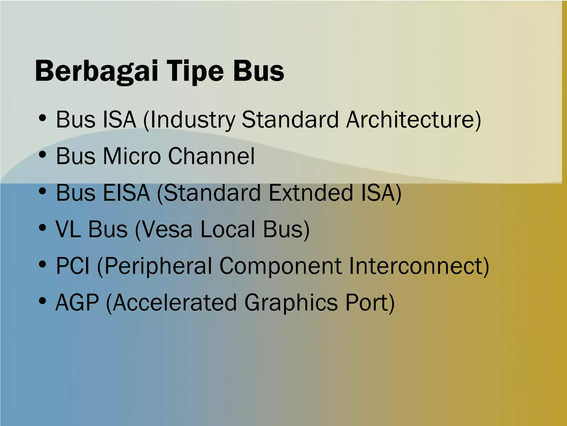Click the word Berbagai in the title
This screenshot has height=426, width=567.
point(96,71)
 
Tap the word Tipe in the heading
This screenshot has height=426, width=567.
point(195,71)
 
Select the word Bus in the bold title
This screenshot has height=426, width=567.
point(258,71)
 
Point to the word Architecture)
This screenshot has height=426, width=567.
point(414,120)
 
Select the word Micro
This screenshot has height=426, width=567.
point(132,156)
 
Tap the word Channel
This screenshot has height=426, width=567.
point(211,156)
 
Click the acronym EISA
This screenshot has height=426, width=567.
point(126,193)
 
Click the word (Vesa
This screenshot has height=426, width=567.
point(163,230)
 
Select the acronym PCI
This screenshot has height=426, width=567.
point(73,266)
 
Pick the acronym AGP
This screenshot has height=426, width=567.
point(77,303)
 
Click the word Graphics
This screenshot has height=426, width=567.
point(291,303)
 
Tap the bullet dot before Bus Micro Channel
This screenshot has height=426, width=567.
point(42,154)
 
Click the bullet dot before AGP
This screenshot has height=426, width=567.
point(42,301)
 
